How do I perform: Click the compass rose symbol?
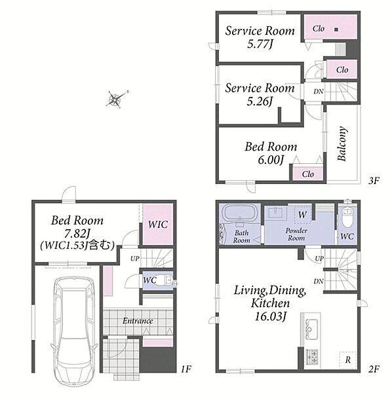115,99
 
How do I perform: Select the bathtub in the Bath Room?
240,213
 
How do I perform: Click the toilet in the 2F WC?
347,217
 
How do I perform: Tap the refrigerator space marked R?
347,360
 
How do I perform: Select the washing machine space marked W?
302,215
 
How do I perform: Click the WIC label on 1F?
158,224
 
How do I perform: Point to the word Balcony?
342,143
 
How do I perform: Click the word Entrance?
138,321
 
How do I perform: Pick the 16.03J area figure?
270,316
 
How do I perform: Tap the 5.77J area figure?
260,44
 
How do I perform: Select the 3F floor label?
374,181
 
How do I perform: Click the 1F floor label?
186,369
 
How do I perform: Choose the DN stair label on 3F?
319,92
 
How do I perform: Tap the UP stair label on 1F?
135,259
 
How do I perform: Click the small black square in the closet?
336,29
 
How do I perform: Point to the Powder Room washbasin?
276,214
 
